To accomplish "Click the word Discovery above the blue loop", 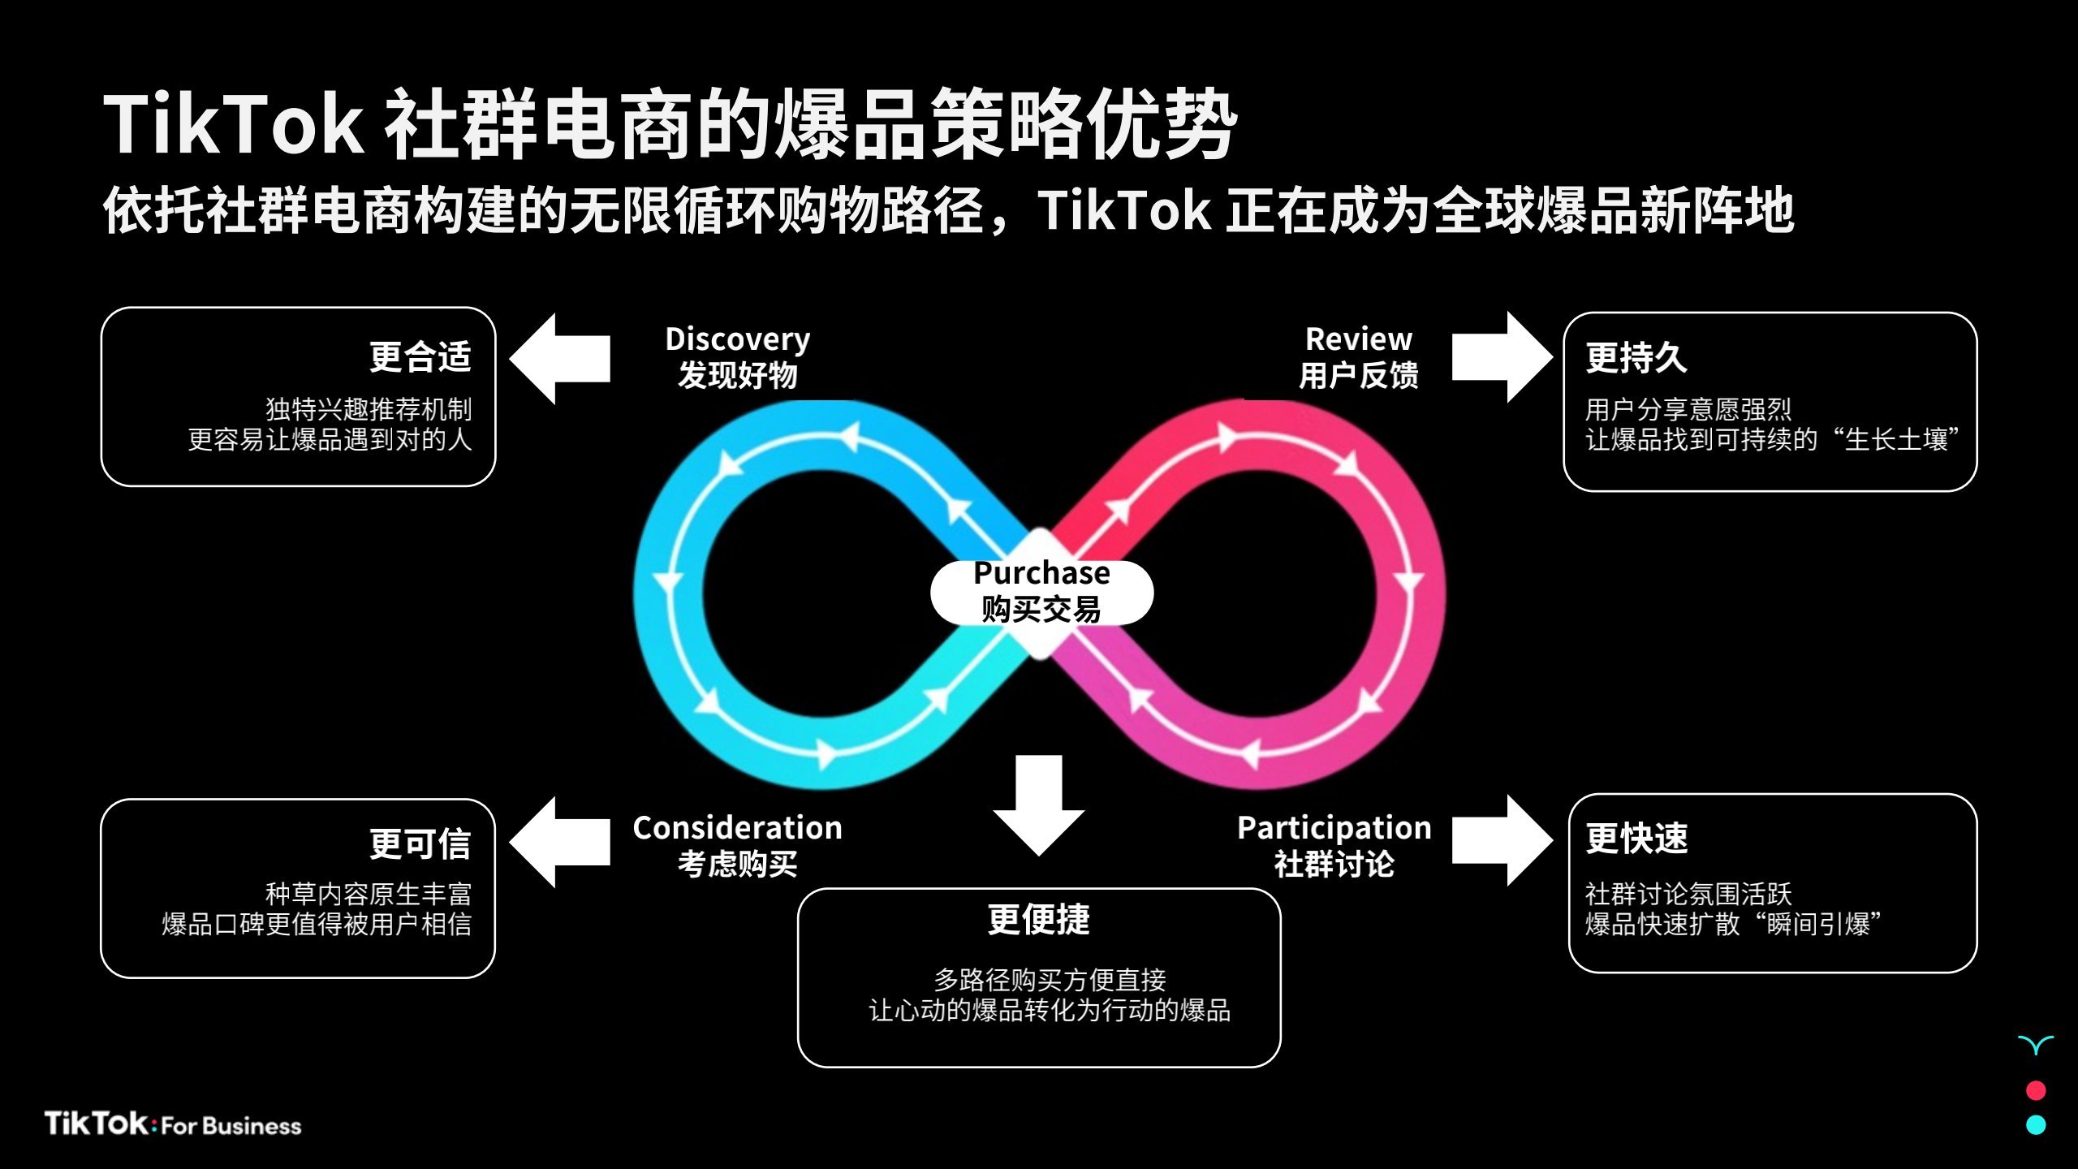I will coord(737,339).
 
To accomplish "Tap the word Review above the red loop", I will coord(1358,339).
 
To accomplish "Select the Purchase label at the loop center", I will coord(1041,573).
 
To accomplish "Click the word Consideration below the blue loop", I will coord(737,828).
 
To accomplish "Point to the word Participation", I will coord(1334,828).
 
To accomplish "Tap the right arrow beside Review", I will coord(1502,357).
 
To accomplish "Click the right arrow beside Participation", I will coord(1502,840).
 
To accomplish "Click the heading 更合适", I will coord(420,357).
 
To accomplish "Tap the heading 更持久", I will coord(1636,357).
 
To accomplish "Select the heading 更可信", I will coord(420,844).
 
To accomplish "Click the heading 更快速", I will coord(1636,839).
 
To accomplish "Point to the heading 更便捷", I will coord(1038,920).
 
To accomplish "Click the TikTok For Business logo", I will coord(173,1124).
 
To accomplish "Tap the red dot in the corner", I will coord(2036,1089).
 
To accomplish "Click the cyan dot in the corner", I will coord(2036,1124).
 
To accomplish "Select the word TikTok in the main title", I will coord(233,124).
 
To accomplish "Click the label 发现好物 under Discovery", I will coord(737,375).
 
